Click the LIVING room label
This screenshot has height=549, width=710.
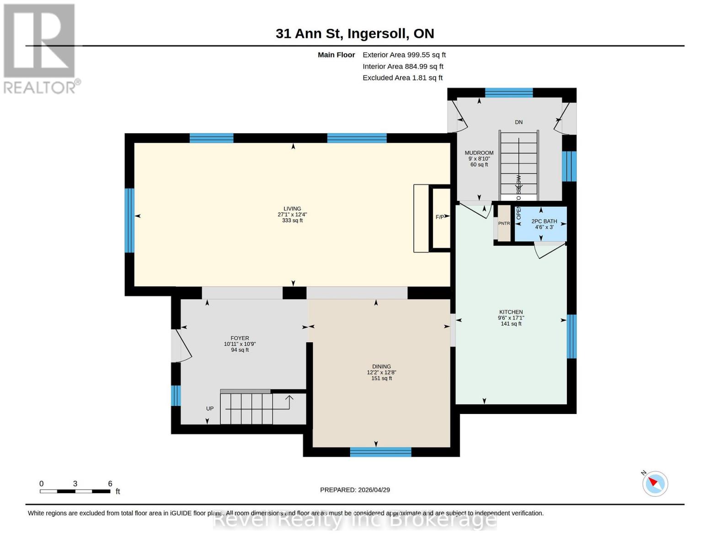pos(292,209)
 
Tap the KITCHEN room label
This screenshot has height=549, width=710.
pos(511,312)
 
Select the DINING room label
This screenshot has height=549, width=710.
pos(381,366)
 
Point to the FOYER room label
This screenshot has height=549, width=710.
pos(240,339)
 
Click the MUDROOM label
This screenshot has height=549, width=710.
pos(479,153)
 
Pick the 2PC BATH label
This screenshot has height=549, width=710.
pos(544,221)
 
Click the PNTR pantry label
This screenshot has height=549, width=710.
pos(504,223)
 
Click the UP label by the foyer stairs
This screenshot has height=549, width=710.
pos(210,409)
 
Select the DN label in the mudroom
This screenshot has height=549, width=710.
pos(518,122)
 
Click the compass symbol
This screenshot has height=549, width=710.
pos(655,483)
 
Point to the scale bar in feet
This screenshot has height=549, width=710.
pos(75,491)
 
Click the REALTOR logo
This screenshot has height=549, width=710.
pos(40,48)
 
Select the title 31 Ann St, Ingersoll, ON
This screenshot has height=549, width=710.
pos(355,33)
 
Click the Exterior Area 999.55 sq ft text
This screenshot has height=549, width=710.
pos(404,55)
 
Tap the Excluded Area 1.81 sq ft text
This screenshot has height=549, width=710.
pos(402,78)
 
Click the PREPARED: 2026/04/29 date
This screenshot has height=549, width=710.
pos(355,490)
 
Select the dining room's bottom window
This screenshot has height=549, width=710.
pos(380,452)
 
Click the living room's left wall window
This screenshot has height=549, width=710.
pos(130,221)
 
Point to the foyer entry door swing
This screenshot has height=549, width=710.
pos(182,346)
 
